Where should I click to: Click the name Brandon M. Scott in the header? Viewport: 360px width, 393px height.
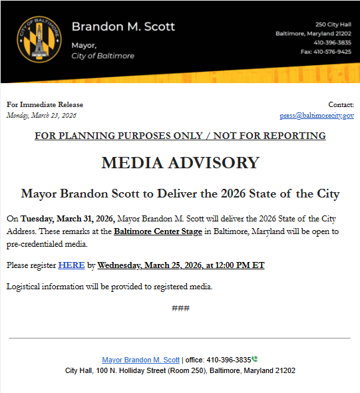tap(123, 27)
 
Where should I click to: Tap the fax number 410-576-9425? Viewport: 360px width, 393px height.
tap(326, 52)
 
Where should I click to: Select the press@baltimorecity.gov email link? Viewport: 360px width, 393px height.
tap(317, 115)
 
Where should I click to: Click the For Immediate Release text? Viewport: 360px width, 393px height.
tap(45, 104)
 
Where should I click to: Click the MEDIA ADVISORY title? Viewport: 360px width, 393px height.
tap(180, 163)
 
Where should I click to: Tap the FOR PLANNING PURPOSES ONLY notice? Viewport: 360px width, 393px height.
tap(180, 136)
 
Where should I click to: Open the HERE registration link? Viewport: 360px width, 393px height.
tap(71, 265)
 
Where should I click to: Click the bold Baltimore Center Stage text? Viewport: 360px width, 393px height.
tap(158, 231)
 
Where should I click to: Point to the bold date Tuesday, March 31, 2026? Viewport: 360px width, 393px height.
tap(68, 219)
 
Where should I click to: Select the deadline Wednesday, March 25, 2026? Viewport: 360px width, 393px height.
tap(180, 265)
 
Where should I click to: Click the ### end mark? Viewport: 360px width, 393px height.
tap(180, 308)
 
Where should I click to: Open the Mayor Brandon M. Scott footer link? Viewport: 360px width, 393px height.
tap(140, 360)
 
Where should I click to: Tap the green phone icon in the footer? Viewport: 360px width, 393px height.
tap(255, 359)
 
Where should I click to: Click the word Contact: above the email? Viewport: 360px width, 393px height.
tap(341, 104)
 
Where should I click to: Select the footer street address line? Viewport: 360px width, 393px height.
tap(180, 370)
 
